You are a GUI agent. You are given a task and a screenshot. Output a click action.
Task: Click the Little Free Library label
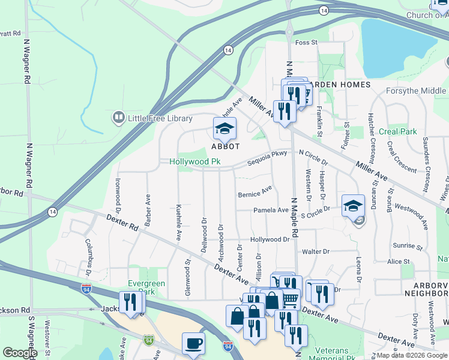click(x=159, y=118)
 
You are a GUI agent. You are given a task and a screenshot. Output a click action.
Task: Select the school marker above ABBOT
click(x=224, y=128)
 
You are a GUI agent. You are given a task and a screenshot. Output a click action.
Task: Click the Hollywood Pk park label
click(x=195, y=162)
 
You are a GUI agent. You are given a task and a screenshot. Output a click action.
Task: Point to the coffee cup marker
click(x=193, y=344)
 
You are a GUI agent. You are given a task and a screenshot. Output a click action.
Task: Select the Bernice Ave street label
click(x=255, y=194)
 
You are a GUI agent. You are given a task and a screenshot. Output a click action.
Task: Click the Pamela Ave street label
click(x=271, y=211)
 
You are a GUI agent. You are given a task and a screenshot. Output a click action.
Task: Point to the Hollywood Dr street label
click(x=270, y=239)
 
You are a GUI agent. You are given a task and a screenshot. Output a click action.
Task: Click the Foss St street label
click(x=306, y=42)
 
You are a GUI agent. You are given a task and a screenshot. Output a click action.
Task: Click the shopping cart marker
click(x=291, y=298)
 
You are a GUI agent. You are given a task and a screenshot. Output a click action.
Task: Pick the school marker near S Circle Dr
click(x=353, y=206)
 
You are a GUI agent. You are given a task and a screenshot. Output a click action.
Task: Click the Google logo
click(x=20, y=353)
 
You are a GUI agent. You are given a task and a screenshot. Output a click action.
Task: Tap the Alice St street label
click(x=399, y=262)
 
